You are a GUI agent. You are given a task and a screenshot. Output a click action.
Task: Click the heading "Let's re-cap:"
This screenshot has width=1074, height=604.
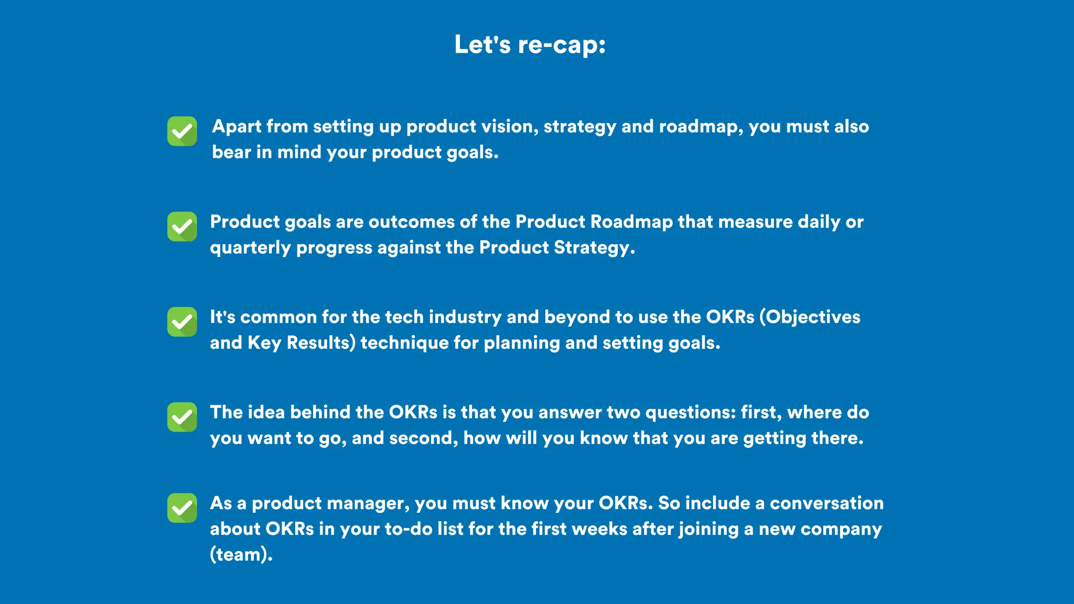pyautogui.click(x=530, y=45)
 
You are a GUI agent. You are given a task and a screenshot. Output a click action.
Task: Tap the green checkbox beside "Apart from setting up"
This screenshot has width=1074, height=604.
pyautogui.click(x=182, y=131)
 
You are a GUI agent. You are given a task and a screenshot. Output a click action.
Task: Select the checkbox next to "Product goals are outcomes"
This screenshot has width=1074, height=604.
pyautogui.click(x=182, y=226)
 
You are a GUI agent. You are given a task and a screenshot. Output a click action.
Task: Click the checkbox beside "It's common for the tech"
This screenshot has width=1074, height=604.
pyautogui.click(x=182, y=322)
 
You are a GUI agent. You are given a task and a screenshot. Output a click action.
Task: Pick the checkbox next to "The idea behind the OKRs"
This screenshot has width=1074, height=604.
pyautogui.click(x=182, y=417)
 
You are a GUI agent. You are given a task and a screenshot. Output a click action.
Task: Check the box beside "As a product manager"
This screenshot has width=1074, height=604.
pyautogui.click(x=182, y=508)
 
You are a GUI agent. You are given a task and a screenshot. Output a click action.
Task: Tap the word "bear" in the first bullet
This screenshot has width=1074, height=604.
pyautogui.click(x=231, y=152)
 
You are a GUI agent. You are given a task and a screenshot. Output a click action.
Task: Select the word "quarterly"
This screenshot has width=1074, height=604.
pyautogui.click(x=250, y=248)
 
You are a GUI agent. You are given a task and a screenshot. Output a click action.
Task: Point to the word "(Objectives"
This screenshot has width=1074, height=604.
pyautogui.click(x=810, y=317)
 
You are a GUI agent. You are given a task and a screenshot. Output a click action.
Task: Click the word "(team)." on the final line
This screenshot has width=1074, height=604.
pyautogui.click(x=241, y=555)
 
